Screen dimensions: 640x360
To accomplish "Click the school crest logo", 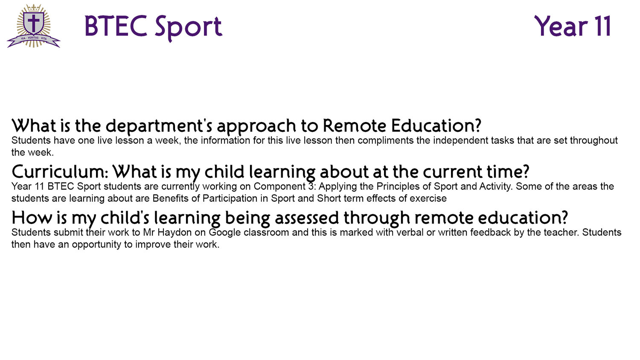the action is click(x=34, y=26).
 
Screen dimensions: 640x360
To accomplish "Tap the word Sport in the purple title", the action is click(x=188, y=27).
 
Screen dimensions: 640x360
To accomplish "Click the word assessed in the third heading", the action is click(x=307, y=218).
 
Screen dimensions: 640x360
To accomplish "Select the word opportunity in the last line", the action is click(x=96, y=245).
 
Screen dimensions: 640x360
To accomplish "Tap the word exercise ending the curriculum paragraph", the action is click(x=428, y=199).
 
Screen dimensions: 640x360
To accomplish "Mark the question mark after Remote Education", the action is click(x=477, y=126).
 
